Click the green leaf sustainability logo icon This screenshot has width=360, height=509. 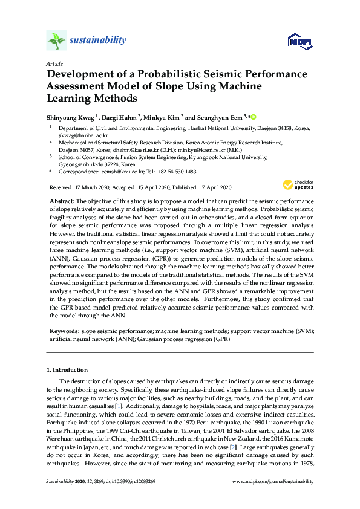point(56,41)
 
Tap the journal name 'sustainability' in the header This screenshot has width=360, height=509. point(98,41)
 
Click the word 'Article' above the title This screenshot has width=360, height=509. point(53,63)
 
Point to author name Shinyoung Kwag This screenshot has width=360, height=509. point(71,117)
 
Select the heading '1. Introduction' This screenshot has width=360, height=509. point(67,369)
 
